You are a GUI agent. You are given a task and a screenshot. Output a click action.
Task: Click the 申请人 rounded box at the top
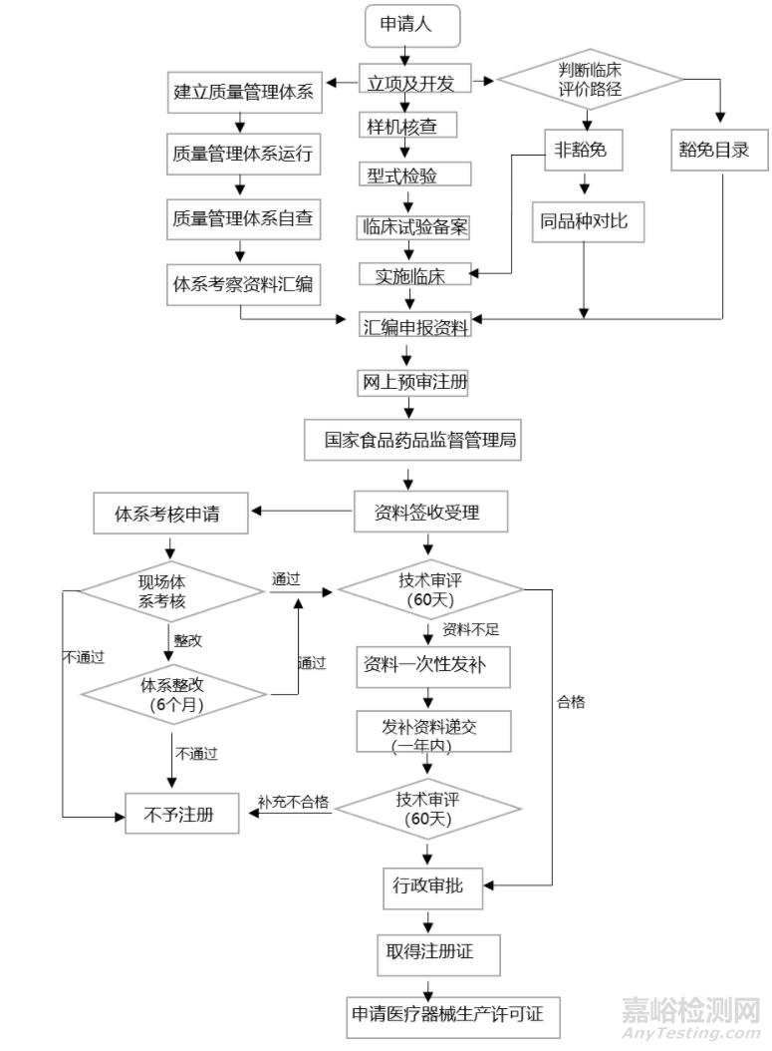click(x=413, y=26)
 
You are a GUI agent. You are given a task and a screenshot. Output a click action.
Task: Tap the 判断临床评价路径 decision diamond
click(x=590, y=79)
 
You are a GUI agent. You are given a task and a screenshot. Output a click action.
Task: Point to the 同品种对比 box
click(x=585, y=220)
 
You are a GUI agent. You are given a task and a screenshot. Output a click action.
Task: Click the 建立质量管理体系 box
click(x=243, y=93)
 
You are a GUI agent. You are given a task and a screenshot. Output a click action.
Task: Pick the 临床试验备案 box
click(x=413, y=226)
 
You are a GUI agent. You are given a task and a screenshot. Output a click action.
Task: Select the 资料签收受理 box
click(x=427, y=514)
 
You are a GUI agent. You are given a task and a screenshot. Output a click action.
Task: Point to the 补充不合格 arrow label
click(x=293, y=803)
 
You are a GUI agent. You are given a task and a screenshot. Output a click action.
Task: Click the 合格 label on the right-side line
click(x=571, y=701)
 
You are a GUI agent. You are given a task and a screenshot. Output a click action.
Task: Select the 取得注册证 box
click(x=430, y=952)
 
